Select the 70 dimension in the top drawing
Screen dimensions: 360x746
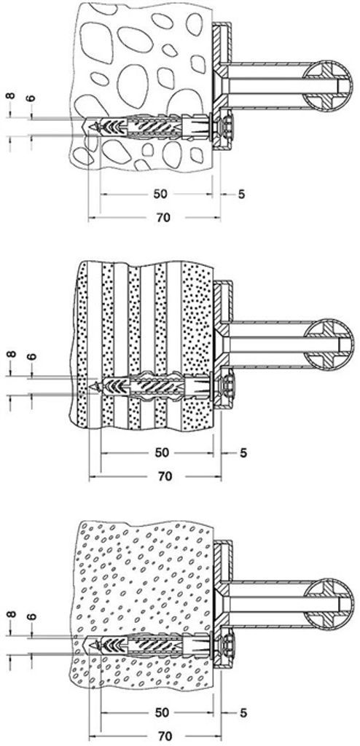163,218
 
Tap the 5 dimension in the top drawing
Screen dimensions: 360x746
241,194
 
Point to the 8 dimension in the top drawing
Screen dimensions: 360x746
10,97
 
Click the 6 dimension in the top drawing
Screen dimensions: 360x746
31,98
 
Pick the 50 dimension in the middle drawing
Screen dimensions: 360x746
162,452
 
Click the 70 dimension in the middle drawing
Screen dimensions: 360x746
164,476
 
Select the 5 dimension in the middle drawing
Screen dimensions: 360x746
243,452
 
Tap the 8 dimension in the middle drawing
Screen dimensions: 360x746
10,355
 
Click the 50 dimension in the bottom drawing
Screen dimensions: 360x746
162,712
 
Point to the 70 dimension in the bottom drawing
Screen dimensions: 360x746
164,737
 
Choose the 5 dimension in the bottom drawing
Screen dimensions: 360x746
243,712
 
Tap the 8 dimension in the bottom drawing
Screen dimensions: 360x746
10,614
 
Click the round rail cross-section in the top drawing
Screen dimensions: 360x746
329,86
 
